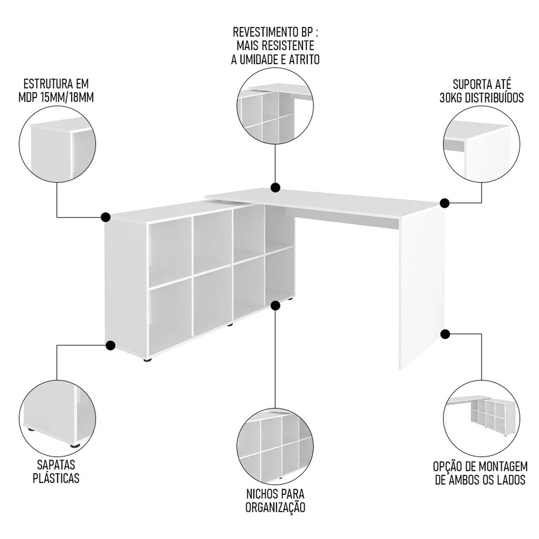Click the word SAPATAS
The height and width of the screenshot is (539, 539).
56,465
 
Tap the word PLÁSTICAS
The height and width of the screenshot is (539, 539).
56,478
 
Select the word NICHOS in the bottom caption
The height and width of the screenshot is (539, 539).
262,494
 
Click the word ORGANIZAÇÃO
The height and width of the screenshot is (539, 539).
275,507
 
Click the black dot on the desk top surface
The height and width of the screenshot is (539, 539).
275,187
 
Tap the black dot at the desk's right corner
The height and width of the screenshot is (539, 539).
445,203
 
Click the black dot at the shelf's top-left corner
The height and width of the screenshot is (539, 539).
106,217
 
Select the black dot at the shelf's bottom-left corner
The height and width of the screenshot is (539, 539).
110,346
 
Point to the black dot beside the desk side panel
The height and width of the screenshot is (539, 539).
445,334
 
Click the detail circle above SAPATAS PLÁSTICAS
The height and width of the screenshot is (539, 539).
57,418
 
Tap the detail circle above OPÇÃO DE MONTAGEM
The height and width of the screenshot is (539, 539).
482,418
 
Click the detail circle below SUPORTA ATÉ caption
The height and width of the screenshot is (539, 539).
482,144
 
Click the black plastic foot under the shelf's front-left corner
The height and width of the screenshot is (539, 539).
147,359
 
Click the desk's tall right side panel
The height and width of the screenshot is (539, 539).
422,289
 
